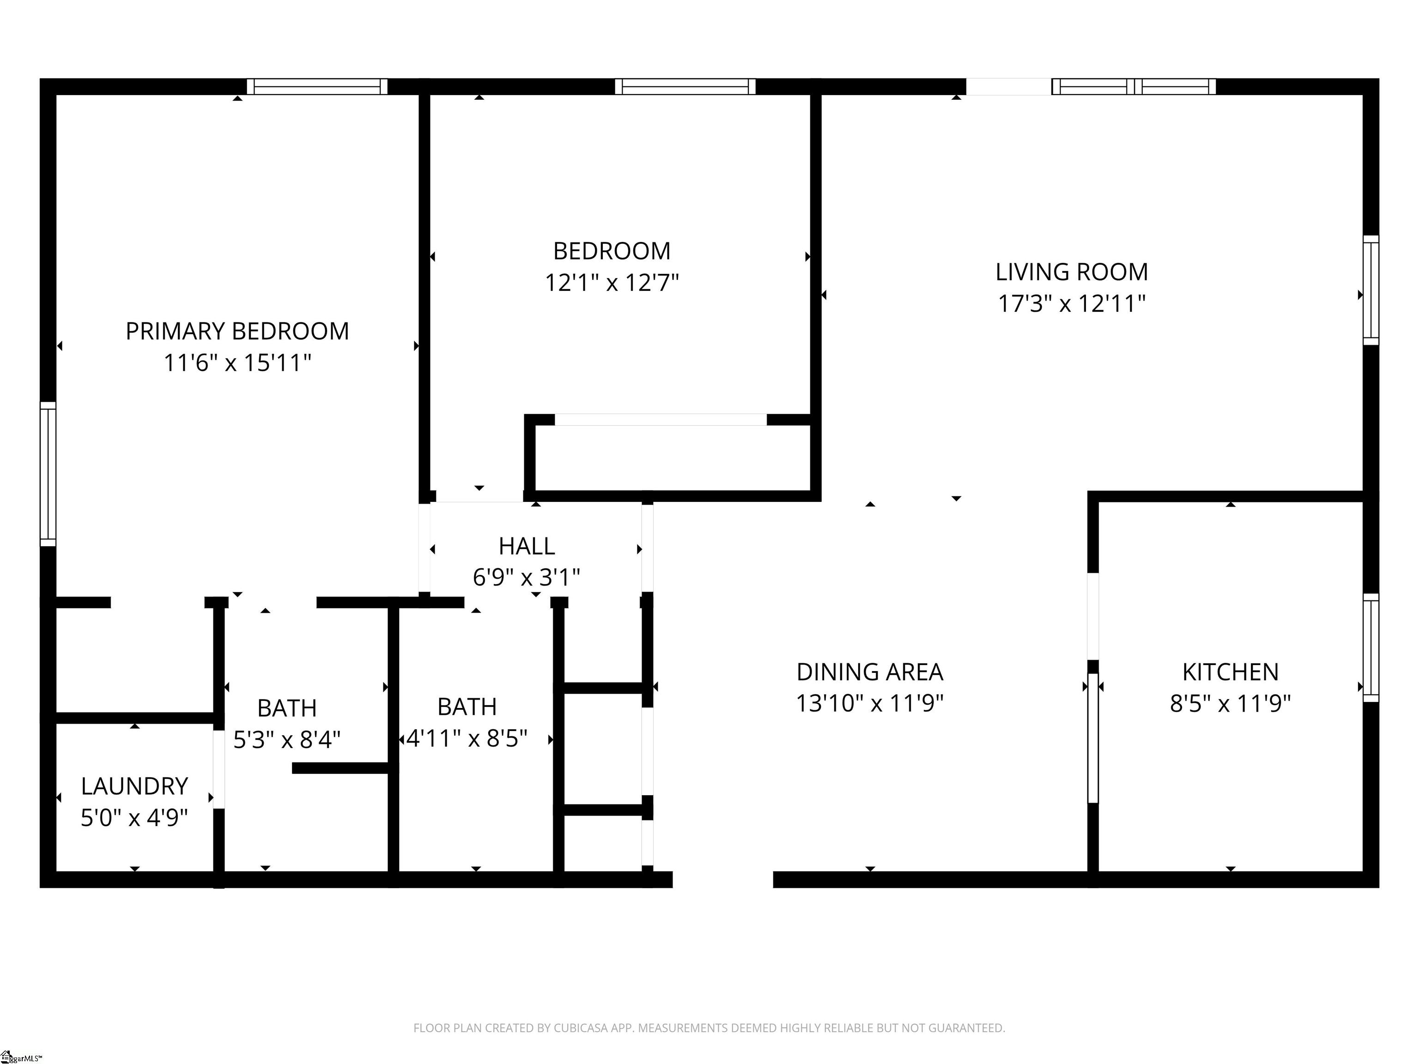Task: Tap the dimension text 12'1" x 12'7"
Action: point(612,282)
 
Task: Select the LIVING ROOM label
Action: point(1071,272)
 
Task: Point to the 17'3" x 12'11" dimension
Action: point(1071,303)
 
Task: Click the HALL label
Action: point(527,546)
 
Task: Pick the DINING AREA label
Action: point(870,672)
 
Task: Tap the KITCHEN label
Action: point(1231,672)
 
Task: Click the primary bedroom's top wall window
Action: point(317,86)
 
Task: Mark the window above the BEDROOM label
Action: point(685,86)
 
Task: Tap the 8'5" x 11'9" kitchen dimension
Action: point(1231,704)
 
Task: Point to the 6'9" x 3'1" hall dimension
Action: point(527,578)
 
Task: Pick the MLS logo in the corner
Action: point(20,1057)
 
